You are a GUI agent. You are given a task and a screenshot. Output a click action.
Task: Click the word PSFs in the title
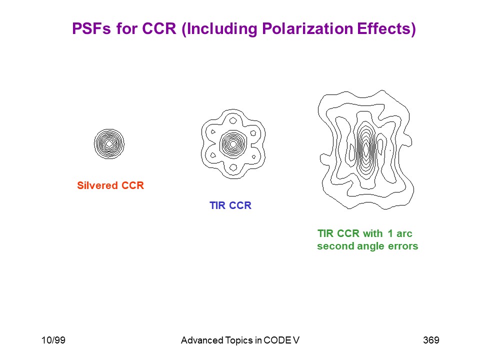tap(91, 28)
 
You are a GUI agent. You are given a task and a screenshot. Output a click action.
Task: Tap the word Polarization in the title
tap(307, 29)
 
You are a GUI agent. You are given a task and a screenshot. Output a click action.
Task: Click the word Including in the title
tap(220, 29)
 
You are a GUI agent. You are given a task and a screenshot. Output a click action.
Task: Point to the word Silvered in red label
tap(97, 185)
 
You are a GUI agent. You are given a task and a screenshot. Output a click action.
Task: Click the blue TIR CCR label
tap(230, 205)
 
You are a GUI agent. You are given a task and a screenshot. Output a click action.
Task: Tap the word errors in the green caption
tap(403, 246)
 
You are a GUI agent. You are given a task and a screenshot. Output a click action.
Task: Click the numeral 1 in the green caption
tap(390, 233)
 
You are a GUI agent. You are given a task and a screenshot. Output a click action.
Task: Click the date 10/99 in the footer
tap(53, 340)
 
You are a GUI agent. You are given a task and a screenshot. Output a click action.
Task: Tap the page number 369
tap(431, 340)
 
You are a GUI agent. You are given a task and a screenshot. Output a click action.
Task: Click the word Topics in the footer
tap(239, 340)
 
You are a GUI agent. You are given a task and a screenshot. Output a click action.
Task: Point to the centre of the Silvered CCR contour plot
tap(109, 144)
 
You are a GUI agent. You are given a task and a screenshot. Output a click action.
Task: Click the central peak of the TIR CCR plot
tap(233, 144)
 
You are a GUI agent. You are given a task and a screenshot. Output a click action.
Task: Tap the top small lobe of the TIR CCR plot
tap(233, 120)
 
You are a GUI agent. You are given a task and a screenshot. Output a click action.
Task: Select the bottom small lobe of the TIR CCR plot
tap(233, 167)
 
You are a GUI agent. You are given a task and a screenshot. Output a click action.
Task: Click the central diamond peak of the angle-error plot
tap(366, 149)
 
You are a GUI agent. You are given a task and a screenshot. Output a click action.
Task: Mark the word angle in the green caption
tap(370, 246)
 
